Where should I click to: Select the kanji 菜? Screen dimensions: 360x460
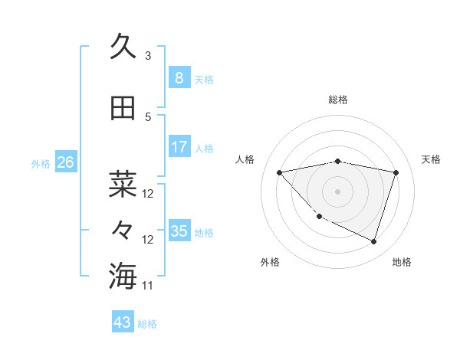[x=123, y=184]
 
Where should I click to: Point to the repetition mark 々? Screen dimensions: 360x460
[x=123, y=230]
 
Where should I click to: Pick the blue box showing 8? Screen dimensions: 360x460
[x=179, y=78]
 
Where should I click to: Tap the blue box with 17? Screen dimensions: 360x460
[x=179, y=147]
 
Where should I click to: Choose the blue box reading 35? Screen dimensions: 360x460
[x=179, y=231]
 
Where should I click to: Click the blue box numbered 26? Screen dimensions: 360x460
[x=65, y=162]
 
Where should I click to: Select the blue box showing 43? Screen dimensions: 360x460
[x=123, y=322]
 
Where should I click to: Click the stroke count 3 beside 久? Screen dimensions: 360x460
[x=148, y=56]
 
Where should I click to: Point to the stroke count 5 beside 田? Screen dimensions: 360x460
[x=148, y=117]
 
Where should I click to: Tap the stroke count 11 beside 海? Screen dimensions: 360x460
[x=148, y=286]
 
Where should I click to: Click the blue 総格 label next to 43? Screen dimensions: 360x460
[x=147, y=324]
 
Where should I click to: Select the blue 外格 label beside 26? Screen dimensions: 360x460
[x=40, y=163]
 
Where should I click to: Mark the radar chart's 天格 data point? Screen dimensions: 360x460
[x=396, y=172]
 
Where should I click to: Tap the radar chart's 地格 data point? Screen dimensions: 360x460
[x=373, y=241]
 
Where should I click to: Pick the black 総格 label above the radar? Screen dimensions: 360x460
[x=338, y=100]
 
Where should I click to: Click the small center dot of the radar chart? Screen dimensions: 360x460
[x=338, y=191]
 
